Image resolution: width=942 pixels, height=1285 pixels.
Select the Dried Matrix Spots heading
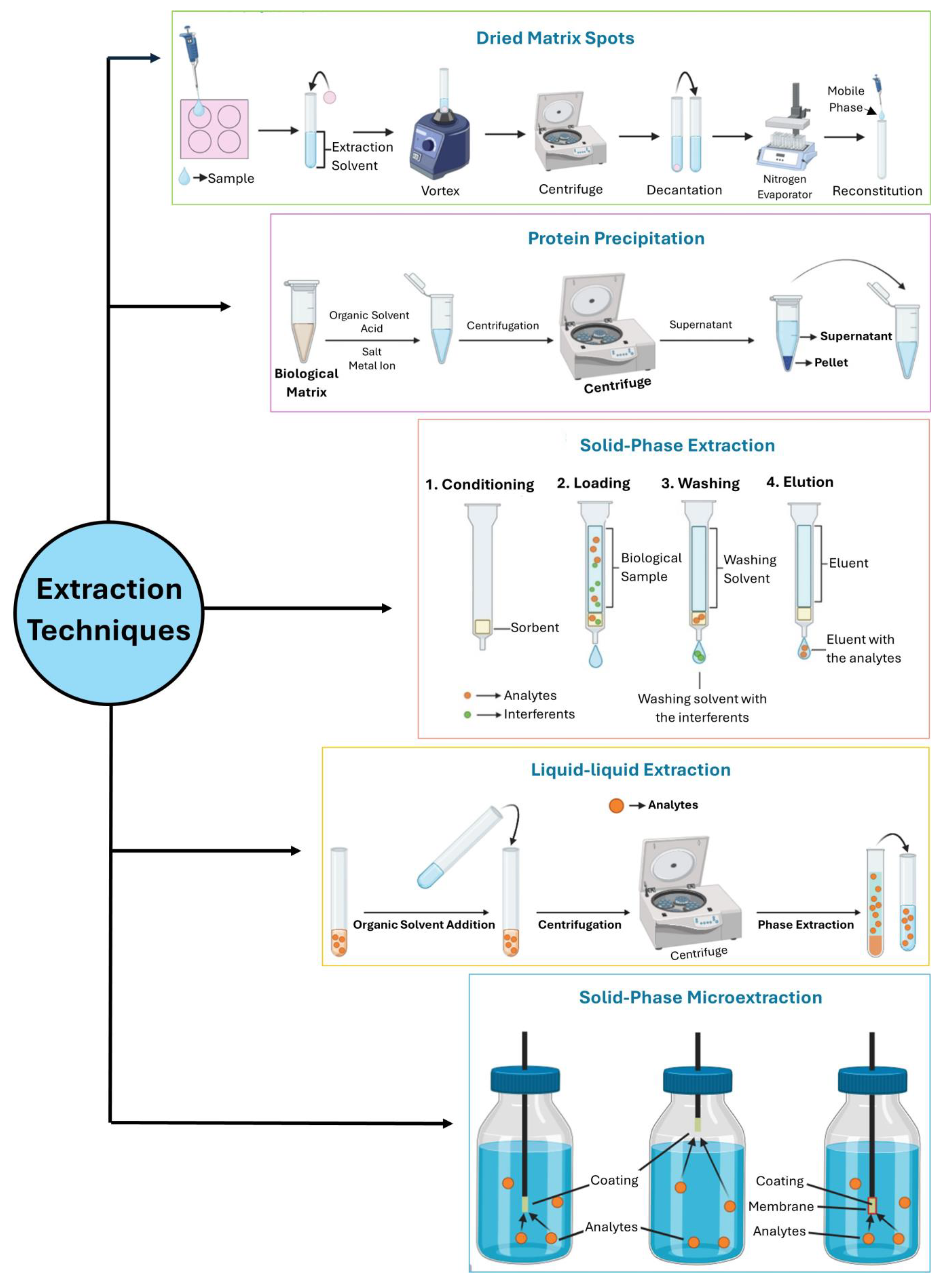click(x=555, y=38)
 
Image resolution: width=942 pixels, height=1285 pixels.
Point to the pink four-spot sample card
click(x=214, y=129)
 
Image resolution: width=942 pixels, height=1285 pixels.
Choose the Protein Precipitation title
click(x=616, y=238)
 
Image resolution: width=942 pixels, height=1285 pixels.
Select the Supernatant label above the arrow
click(x=700, y=324)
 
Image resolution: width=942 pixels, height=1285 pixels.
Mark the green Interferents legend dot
click(x=468, y=714)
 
